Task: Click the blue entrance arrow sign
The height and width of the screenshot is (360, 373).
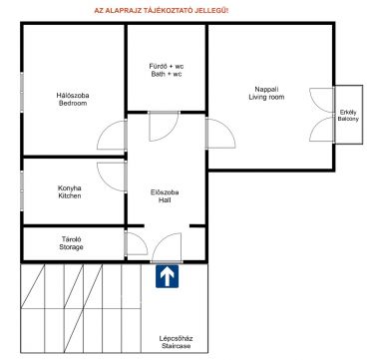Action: pos(167,276)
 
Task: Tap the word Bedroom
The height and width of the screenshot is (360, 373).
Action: pos(73,104)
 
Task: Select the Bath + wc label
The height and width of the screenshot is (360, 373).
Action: pos(167,74)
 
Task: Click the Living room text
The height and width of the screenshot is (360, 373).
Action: pos(266,98)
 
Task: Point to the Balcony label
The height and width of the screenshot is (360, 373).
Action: pos(348,119)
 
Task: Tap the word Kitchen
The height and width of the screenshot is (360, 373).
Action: pos(70,195)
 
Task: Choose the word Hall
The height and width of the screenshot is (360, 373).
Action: pos(165,200)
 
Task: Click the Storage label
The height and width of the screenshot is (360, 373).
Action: pos(71,247)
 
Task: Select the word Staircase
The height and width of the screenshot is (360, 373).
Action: pos(177,346)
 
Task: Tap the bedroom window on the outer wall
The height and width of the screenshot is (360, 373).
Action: pos(22,92)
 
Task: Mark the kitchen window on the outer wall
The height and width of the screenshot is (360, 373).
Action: pos(22,190)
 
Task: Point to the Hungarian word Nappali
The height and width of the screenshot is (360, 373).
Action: pos(266,90)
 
